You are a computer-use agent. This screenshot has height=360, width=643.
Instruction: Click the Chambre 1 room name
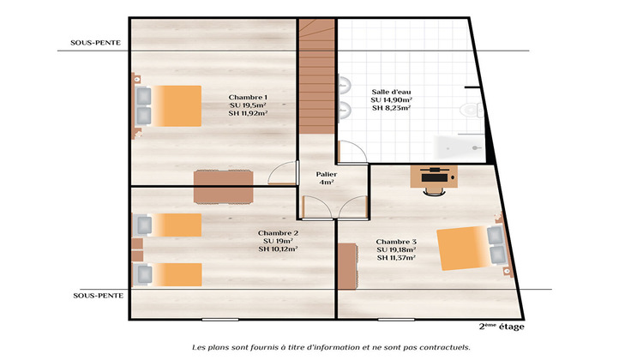point(248,97)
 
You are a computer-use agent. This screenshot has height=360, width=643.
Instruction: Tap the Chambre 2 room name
point(278,233)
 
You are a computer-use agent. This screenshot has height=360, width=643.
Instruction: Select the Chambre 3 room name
point(396,241)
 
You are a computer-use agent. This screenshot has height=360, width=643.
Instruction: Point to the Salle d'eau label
point(390,92)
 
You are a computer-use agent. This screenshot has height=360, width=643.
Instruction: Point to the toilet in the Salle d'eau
point(469,109)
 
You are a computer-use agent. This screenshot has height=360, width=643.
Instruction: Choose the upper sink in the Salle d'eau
point(345,85)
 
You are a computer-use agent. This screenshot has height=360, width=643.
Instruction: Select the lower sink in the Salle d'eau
point(345,110)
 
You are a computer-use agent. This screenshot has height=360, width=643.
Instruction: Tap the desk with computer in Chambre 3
point(434,176)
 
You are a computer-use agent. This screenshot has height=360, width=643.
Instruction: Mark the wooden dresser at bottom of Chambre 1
point(224,187)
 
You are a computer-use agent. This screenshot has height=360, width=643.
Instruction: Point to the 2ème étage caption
point(502,327)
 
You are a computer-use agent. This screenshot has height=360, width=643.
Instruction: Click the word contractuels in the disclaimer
point(442,347)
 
